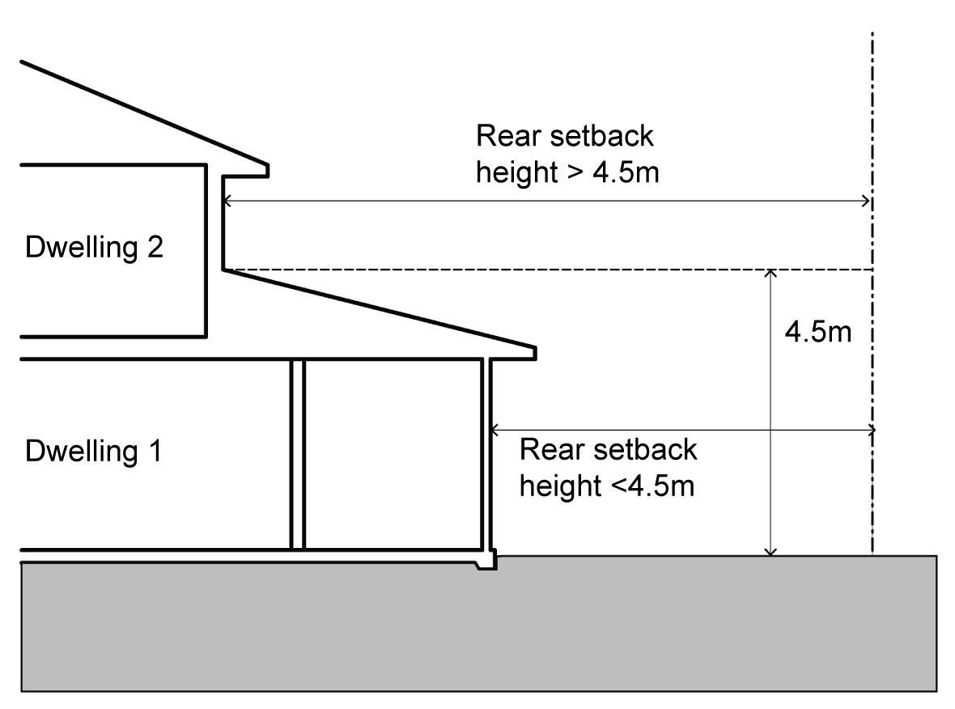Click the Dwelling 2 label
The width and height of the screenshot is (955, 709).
[x=95, y=247]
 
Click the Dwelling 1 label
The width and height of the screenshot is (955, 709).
[x=93, y=451]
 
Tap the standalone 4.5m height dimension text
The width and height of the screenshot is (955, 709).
[x=818, y=333]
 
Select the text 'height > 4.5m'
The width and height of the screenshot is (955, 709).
[x=569, y=172]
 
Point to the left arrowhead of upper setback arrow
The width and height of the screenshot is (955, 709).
[x=227, y=201]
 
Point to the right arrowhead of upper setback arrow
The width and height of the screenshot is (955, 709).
[x=867, y=201]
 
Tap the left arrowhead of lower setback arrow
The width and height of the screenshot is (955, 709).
[x=495, y=429]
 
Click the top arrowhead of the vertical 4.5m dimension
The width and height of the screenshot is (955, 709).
[x=770, y=274]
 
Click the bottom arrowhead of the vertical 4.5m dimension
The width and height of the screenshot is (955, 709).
[x=770, y=551]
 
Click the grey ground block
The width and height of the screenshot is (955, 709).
[x=477, y=631]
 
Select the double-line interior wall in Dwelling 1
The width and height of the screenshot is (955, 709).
[x=297, y=453]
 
